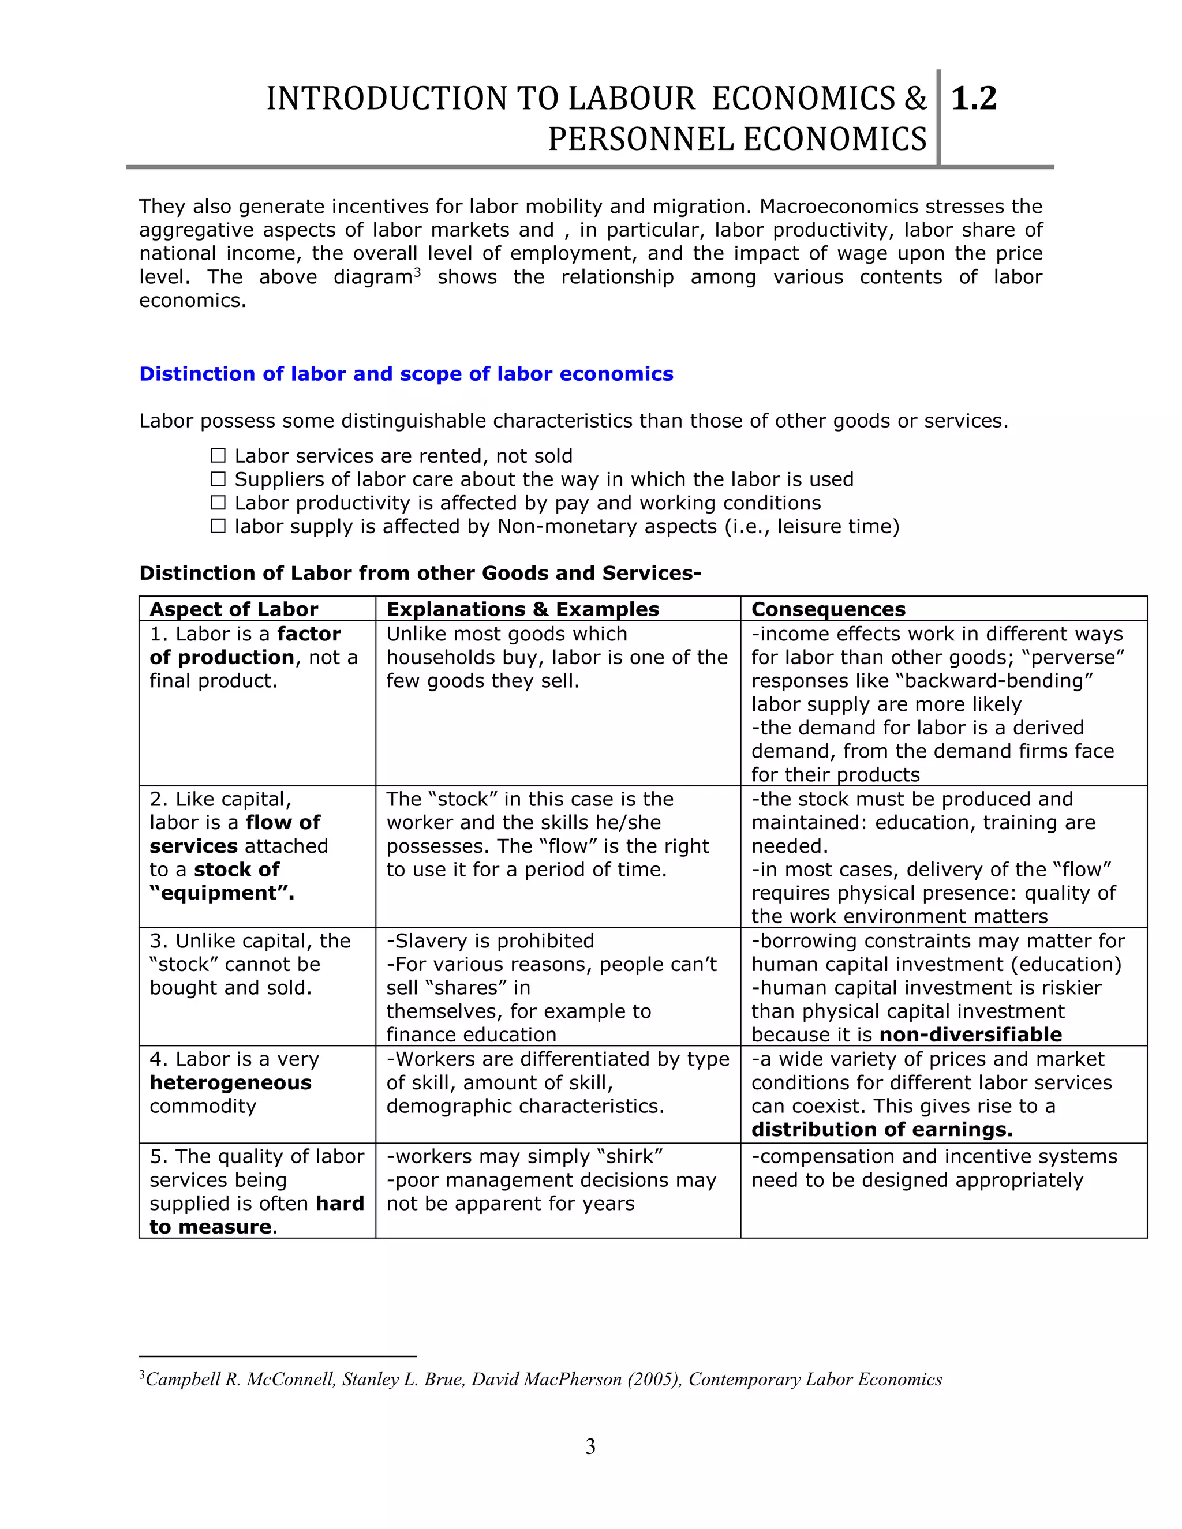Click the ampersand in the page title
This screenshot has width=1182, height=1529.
pyautogui.click(x=915, y=99)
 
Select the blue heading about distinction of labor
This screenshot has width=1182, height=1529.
pyautogui.click(x=406, y=374)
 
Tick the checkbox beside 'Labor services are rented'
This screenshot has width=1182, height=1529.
pyautogui.click(x=219, y=456)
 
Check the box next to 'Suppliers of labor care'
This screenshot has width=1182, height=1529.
pyautogui.click(x=219, y=479)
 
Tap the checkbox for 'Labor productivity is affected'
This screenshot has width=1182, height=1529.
pyautogui.click(x=219, y=503)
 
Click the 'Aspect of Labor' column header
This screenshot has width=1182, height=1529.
pyautogui.click(x=234, y=609)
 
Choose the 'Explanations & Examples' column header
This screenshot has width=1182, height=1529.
pyautogui.click(x=522, y=609)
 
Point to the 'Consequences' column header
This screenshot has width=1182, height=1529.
pyautogui.click(x=828, y=609)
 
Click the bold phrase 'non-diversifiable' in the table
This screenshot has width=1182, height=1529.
pyautogui.click(x=971, y=1035)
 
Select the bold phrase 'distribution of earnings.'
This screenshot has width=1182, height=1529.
pyautogui.click(x=882, y=1129)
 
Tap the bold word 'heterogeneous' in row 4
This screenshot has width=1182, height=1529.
pyautogui.click(x=230, y=1082)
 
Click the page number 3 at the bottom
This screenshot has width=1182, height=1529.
pyautogui.click(x=590, y=1446)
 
